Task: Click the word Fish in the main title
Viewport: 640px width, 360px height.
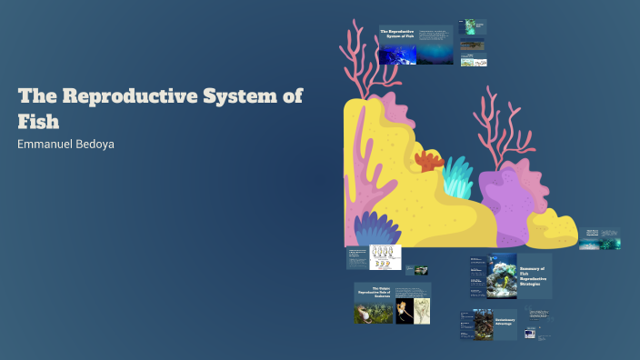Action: (x=38, y=121)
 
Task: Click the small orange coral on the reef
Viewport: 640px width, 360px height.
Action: (x=428, y=162)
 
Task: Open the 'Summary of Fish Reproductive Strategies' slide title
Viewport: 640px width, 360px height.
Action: (x=532, y=275)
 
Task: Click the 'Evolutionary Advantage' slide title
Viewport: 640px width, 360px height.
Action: (x=505, y=321)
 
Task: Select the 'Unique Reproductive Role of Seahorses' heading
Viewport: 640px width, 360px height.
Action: (x=374, y=291)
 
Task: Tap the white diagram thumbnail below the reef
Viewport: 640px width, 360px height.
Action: (x=385, y=258)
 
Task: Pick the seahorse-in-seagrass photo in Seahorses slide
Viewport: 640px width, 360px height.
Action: (x=373, y=312)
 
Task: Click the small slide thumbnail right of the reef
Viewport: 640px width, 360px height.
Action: (x=600, y=238)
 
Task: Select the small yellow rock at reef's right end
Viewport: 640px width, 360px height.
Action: (x=552, y=229)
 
